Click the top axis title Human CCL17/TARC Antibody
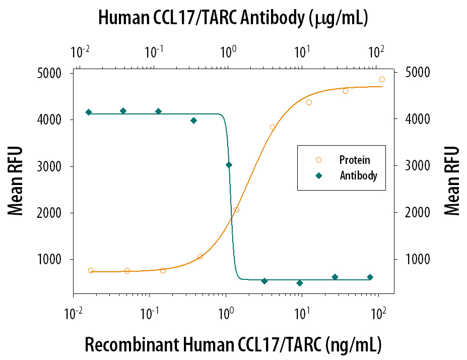pos(233,18)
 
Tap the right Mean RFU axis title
pos(452,181)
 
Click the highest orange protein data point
pos(382,79)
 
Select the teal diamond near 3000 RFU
pos(229,165)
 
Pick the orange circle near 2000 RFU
pos(236,210)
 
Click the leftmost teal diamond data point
pos(89,112)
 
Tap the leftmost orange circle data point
pos(91,271)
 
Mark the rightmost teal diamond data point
pos(370,277)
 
